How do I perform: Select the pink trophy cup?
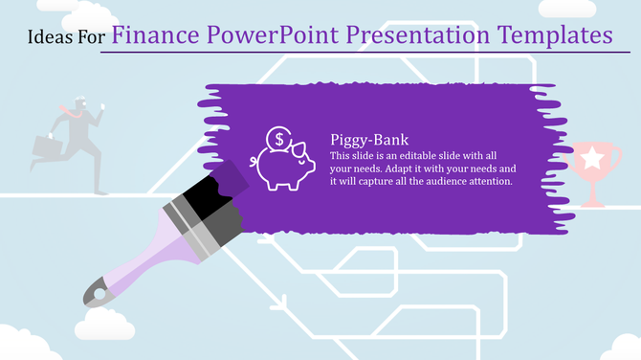click(593, 168)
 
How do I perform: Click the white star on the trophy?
click(593, 156)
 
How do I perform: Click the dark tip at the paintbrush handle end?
click(96, 291)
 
